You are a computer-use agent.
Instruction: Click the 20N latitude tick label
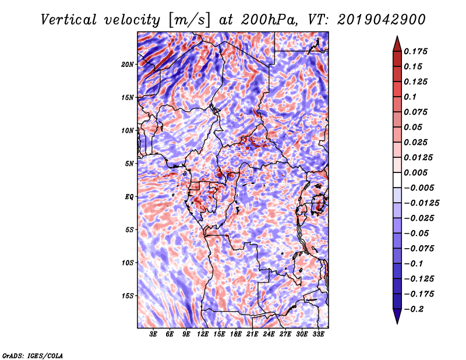[127, 65]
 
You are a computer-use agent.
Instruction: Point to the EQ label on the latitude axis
[129, 197]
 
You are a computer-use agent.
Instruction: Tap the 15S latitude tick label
[128, 296]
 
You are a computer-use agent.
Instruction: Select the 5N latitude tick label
[129, 164]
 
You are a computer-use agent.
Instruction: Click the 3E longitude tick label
[153, 334]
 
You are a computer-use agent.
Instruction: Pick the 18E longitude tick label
[236, 334]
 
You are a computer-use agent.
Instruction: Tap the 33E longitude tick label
[318, 334]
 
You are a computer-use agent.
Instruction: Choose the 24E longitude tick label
[269, 334]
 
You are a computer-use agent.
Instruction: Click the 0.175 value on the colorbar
[415, 51]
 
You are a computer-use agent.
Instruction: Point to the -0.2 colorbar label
[414, 309]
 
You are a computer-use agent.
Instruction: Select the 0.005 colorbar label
[415, 172]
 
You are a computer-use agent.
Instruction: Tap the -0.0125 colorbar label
[421, 203]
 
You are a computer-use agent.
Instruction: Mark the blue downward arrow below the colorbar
[397, 315]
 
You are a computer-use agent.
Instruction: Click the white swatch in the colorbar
[397, 180]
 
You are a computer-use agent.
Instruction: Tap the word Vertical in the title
[69, 20]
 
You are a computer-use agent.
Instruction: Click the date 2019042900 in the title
[382, 20]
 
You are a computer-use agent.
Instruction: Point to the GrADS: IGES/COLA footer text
[33, 355]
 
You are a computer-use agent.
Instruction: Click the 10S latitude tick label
[128, 263]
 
